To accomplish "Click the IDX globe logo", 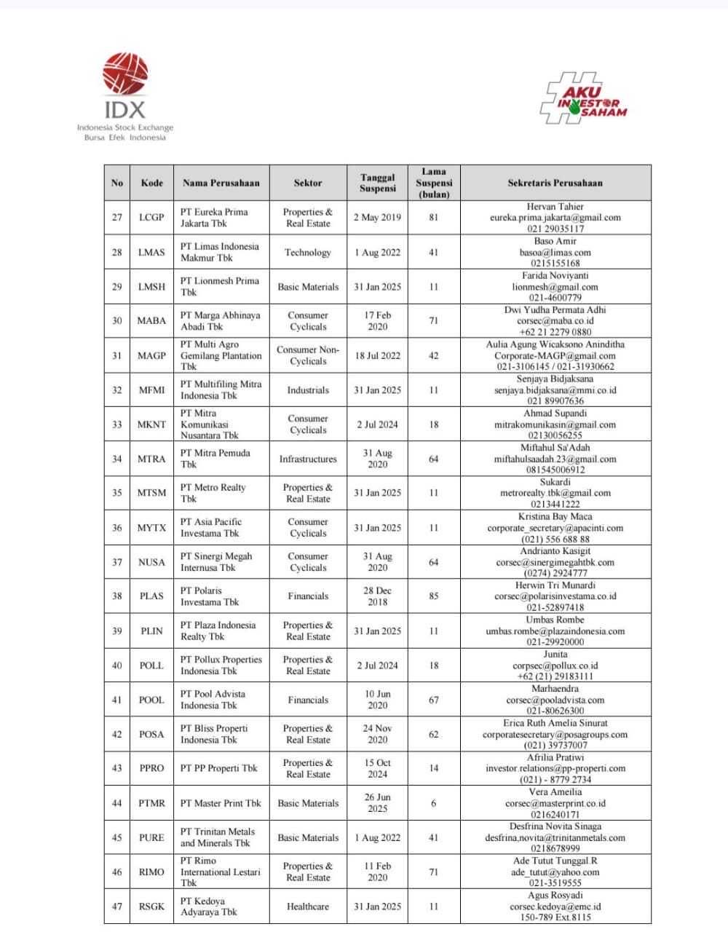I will [x=124, y=74].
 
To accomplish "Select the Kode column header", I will [x=151, y=183].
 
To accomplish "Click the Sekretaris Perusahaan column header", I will [x=555, y=183].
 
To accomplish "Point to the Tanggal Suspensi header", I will [x=377, y=183].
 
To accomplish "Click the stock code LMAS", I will [x=151, y=253].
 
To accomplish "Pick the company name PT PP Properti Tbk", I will [x=219, y=768].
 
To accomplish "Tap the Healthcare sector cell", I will [x=308, y=907].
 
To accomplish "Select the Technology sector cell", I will [x=308, y=253].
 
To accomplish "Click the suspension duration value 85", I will [x=434, y=596].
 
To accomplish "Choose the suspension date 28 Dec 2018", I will [x=377, y=596].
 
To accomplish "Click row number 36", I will [x=117, y=528].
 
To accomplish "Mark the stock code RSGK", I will [x=151, y=907].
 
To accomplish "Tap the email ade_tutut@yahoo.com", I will [x=555, y=872].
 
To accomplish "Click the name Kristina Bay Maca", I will [x=555, y=517].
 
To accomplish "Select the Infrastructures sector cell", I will [x=308, y=459].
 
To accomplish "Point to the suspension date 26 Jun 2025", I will [x=377, y=803].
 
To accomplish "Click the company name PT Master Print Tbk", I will [x=221, y=803].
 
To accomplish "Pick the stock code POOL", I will [x=151, y=700].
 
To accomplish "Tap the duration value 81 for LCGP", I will [x=434, y=218].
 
